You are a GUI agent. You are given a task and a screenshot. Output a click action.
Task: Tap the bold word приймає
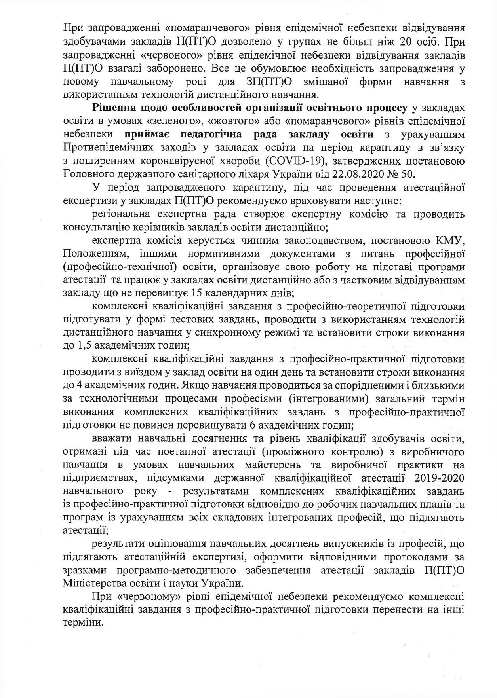[152, 134]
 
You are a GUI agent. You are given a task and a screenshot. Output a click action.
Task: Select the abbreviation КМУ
[450, 240]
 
